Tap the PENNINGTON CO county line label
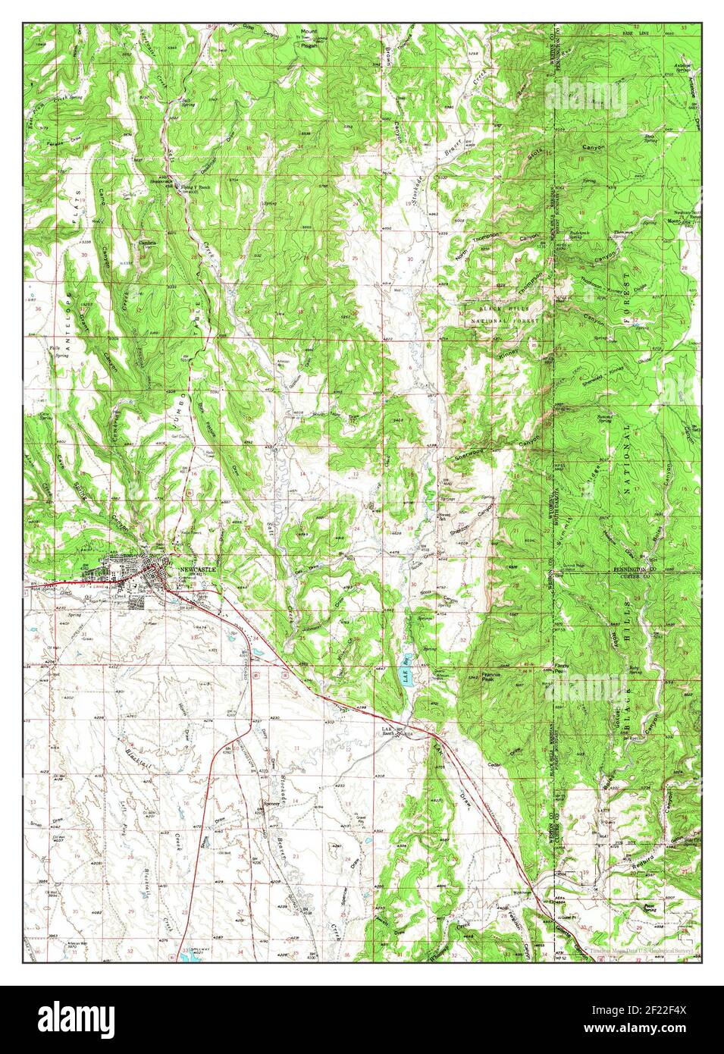coord(641,568)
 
